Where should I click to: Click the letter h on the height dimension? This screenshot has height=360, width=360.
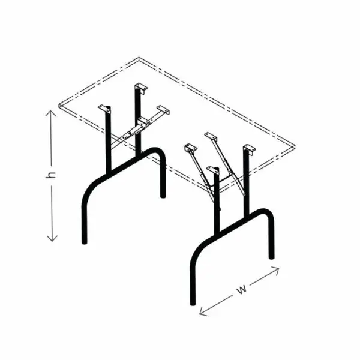pos(51,175)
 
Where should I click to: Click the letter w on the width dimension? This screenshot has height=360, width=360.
pos(241,289)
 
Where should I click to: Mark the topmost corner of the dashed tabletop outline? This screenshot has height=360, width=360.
pos(139,58)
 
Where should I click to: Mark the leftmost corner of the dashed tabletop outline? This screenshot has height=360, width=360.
pos(59,105)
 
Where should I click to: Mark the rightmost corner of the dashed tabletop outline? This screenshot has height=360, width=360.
pos(295,146)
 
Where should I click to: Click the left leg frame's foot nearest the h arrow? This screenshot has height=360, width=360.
pos(85,242)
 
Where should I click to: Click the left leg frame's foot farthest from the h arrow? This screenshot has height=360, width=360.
pos(163,196)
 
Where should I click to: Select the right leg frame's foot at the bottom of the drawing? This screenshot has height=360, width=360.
pos(193,303)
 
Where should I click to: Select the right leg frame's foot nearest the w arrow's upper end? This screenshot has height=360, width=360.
pos(271,257)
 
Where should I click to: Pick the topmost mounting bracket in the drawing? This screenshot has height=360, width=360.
pos(141,88)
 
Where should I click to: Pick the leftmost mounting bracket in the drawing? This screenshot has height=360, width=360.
pos(104,109)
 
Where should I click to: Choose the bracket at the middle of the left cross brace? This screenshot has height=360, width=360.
pos(142,122)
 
